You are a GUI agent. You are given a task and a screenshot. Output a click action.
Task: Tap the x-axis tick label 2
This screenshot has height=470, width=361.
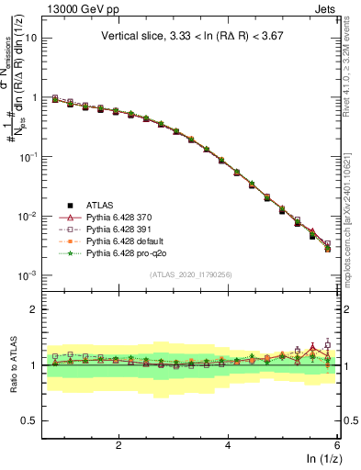pos(118,445)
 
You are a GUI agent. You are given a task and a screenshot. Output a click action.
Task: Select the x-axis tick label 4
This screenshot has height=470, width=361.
pos(228,445)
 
